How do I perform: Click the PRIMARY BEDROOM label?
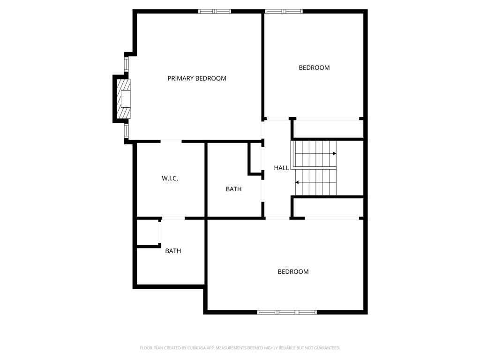[x=197, y=78]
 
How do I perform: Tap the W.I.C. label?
[x=170, y=179]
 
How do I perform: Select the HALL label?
[x=281, y=168]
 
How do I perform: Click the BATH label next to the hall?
[x=233, y=189]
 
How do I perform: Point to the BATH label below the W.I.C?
[x=173, y=251]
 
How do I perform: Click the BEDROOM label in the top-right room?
[x=314, y=67]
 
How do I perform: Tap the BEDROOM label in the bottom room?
[x=293, y=272]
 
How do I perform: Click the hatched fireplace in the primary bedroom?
[x=124, y=99]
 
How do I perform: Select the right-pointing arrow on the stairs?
[x=335, y=153]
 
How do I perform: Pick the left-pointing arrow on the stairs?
[x=297, y=182]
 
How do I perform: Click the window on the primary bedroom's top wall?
[x=215, y=11]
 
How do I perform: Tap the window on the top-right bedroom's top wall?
[x=284, y=11]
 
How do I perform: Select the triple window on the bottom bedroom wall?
[x=287, y=312]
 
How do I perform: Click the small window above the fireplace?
[x=126, y=63]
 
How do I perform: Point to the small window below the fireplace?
[x=126, y=130]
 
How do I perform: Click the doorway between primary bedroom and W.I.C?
[x=171, y=141]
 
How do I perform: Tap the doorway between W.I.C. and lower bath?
[x=173, y=218]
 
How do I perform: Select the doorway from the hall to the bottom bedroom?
[x=277, y=218]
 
